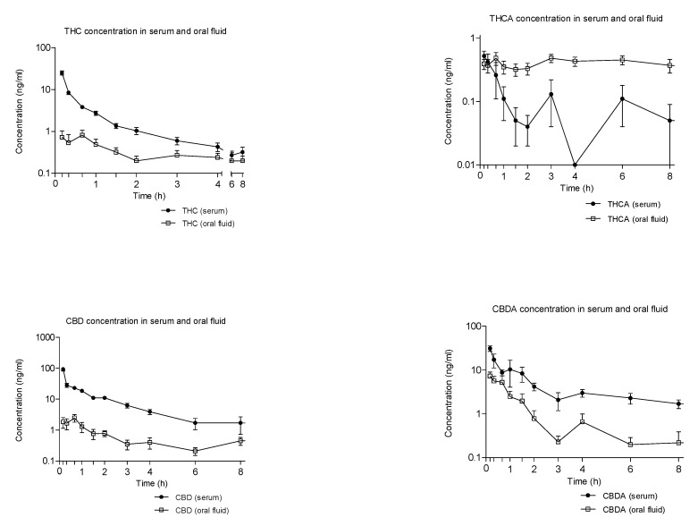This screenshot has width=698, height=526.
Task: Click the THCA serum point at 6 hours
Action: tap(621, 98)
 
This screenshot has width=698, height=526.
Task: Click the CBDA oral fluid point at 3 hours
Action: tap(558, 441)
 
